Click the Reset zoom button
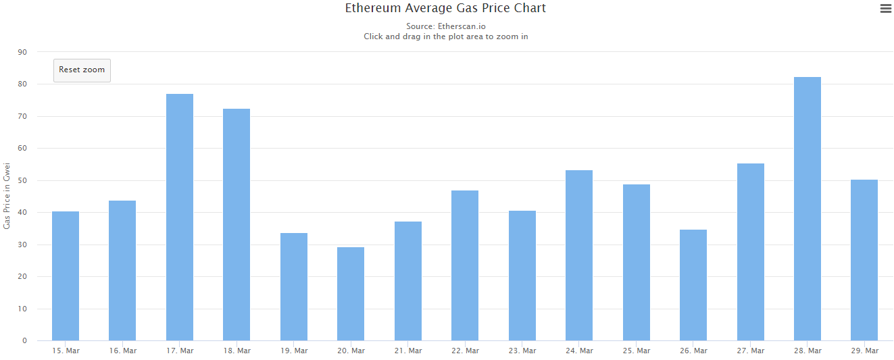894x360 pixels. [x=82, y=70]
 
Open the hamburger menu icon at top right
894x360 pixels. [x=885, y=9]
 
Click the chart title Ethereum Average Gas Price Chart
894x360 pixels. [x=445, y=9]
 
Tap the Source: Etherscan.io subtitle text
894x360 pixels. [x=445, y=26]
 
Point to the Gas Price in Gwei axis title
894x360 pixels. [x=7, y=196]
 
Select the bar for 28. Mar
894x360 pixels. [x=807, y=209]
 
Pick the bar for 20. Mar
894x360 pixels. [x=351, y=294]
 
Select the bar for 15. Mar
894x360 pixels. [x=66, y=276]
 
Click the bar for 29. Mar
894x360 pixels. [x=864, y=260]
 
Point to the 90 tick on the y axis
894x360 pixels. [x=23, y=52]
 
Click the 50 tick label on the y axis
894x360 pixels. [x=23, y=180]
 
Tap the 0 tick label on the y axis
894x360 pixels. [x=25, y=341]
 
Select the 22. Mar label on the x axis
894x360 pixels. [x=465, y=351]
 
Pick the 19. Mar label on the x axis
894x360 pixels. [x=294, y=351]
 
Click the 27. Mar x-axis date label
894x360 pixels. [x=750, y=351]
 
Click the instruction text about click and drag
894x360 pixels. [x=445, y=36]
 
